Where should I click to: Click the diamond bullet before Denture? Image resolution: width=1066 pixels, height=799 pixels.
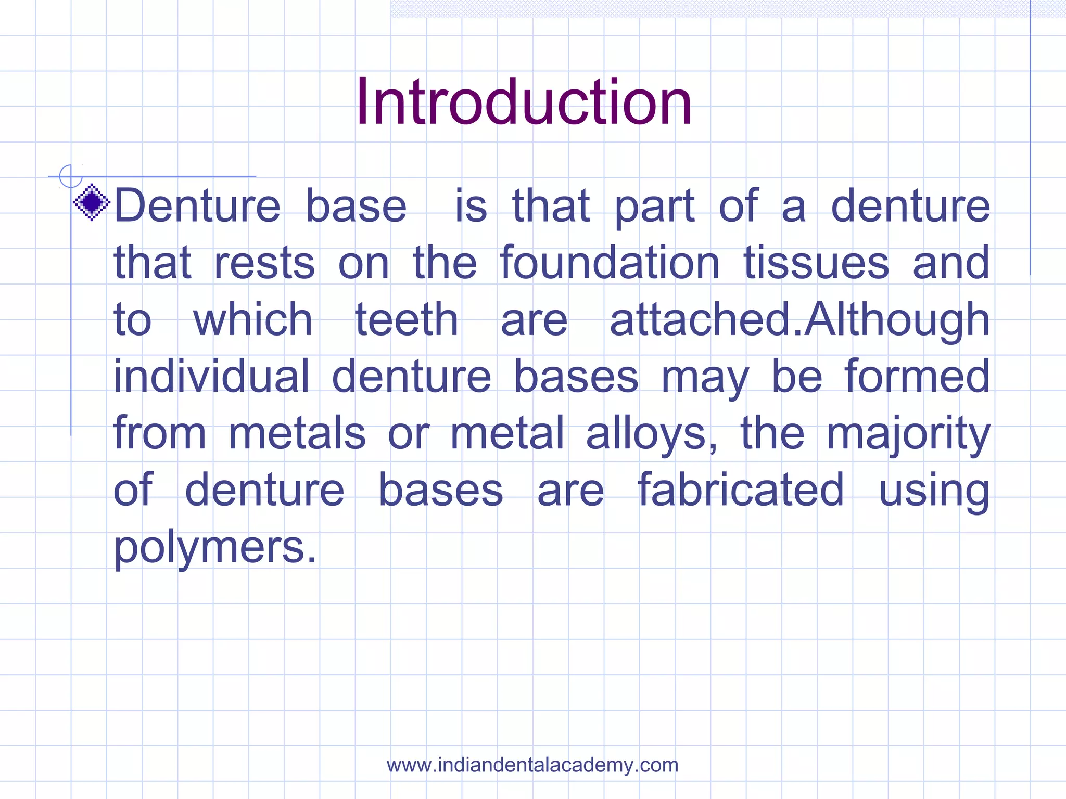click(x=92, y=202)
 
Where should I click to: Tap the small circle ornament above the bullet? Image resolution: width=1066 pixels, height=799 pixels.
click(x=70, y=176)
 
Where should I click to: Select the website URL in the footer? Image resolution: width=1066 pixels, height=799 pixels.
click(x=532, y=765)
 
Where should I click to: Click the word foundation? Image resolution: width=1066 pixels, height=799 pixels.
click(x=610, y=263)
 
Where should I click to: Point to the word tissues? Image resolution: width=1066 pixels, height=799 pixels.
click(x=816, y=263)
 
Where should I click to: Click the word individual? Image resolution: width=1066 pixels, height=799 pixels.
click(x=211, y=376)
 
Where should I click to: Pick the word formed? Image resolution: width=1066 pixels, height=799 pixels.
click(x=917, y=376)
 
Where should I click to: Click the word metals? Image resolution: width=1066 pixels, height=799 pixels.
click(x=297, y=433)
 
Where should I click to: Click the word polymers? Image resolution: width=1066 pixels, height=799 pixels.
click(x=214, y=548)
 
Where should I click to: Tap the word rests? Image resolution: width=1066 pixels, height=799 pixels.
click(x=264, y=263)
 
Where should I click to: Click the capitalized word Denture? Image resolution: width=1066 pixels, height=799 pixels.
click(x=197, y=206)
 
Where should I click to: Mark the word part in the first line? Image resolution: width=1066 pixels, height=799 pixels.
click(x=654, y=207)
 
